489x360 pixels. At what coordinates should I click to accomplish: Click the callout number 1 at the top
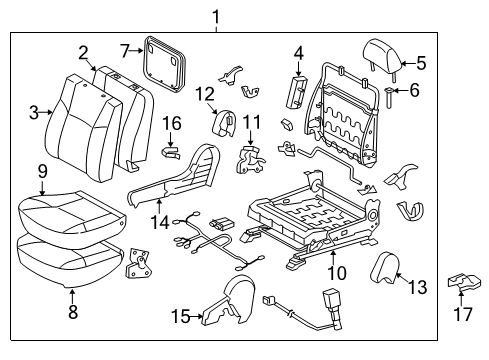tap(212, 14)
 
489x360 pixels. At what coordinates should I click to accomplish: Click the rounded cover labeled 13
tap(385, 266)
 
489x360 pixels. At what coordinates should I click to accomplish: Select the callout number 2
tap(84, 52)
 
